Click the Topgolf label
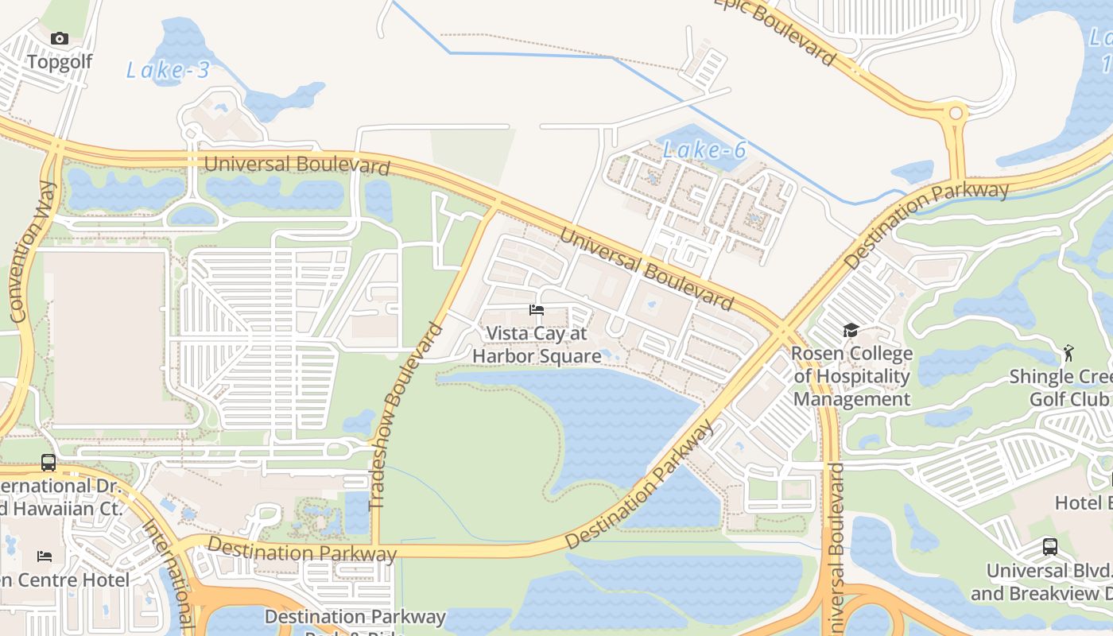point(60,62)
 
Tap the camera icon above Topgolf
point(60,38)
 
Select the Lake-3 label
point(168,70)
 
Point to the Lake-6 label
point(704,149)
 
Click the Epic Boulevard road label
point(783,30)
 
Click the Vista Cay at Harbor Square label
point(537,345)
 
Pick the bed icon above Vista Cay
point(537,309)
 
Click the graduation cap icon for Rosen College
point(851,330)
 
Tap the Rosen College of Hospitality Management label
point(851,376)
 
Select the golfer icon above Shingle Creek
point(1068,352)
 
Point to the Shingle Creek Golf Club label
point(1061,387)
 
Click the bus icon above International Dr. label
point(48,462)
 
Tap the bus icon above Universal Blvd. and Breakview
point(1050,546)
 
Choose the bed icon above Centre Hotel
point(45,556)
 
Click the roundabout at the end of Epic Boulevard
point(956,113)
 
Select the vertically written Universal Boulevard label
point(836,549)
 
